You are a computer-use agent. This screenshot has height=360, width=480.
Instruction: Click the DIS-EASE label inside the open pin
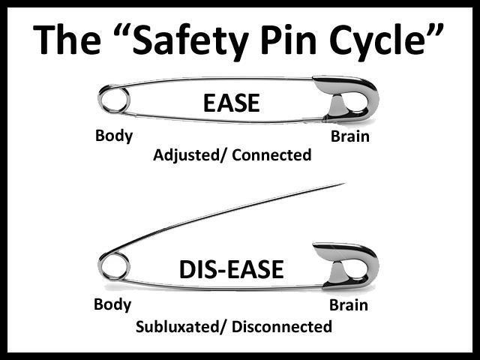pos(231,269)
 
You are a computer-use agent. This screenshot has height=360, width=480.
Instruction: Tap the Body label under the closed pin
pos(114,136)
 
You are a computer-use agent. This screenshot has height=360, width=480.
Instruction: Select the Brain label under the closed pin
pos(349,137)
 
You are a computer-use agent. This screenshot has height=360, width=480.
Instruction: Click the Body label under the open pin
pos(113,304)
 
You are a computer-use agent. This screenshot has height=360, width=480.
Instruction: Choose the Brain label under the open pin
pos(349,305)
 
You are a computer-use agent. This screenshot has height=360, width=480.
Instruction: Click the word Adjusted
pos(184,156)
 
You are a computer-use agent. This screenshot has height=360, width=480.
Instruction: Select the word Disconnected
pos(282,327)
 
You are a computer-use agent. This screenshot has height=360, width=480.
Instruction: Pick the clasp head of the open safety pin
pos(349,266)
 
